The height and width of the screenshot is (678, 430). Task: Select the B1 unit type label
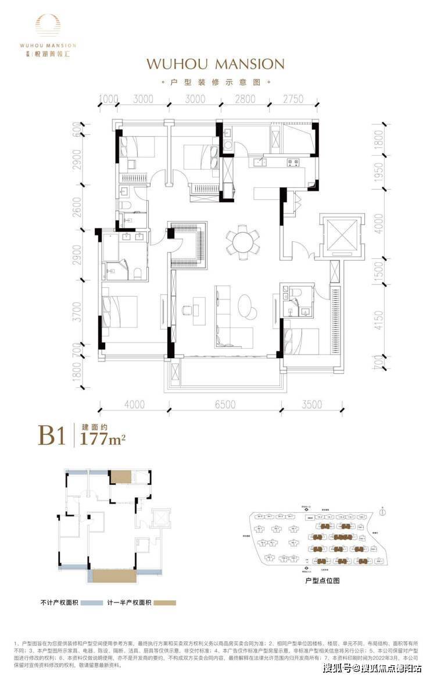point(51,435)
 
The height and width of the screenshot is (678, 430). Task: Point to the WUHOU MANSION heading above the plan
point(216,63)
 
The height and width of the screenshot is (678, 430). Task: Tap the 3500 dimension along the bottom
point(312,405)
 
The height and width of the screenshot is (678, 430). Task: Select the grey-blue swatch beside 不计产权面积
point(91,602)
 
